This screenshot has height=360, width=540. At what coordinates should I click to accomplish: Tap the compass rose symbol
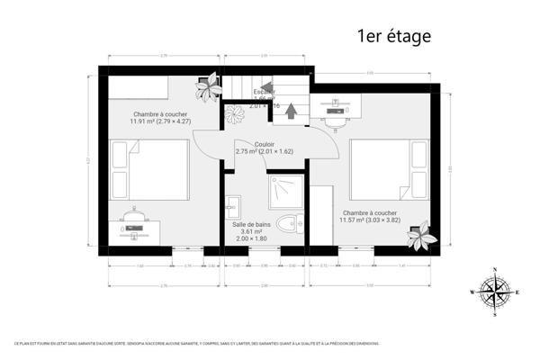(494, 292)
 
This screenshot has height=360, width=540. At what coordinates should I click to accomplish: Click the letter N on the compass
(494, 271)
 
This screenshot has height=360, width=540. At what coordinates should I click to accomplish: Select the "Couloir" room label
(265, 144)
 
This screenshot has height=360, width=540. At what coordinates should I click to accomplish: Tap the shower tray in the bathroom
(286, 192)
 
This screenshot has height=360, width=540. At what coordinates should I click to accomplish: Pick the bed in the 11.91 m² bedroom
(148, 172)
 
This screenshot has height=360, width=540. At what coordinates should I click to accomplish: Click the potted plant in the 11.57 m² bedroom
(420, 238)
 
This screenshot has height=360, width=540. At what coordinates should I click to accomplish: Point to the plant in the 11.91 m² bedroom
(211, 87)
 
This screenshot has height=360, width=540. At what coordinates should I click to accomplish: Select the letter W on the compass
(472, 292)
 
